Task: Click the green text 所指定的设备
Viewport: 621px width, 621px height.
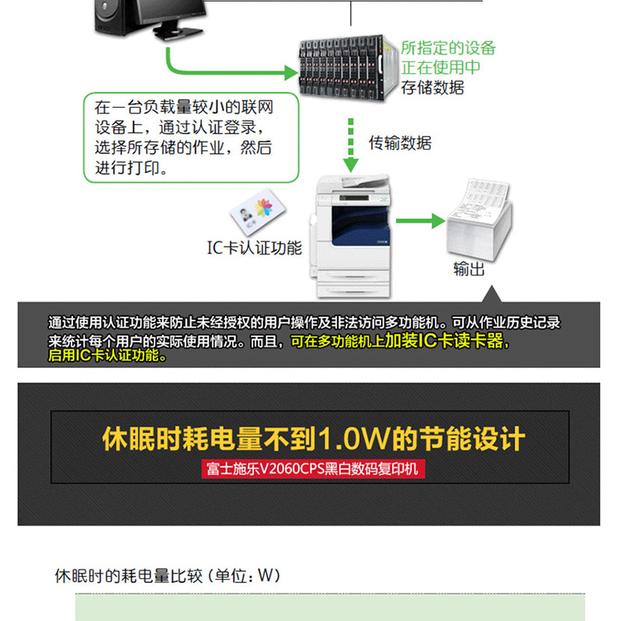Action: [x=448, y=48]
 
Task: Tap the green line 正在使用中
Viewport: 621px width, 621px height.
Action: [x=440, y=68]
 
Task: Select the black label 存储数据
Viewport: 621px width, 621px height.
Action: [x=432, y=88]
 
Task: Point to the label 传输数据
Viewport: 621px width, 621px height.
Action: [x=400, y=143]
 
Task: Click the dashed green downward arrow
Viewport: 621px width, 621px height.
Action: [x=351, y=144]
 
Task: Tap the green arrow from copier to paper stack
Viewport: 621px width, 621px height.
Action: [x=421, y=220]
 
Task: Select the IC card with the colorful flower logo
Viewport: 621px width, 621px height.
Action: [x=258, y=212]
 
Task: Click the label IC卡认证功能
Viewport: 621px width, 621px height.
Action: [x=255, y=248]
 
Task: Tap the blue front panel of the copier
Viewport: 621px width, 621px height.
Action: [x=359, y=226]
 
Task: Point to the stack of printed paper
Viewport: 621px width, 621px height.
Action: [x=479, y=220]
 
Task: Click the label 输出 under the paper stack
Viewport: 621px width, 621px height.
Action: [x=469, y=269]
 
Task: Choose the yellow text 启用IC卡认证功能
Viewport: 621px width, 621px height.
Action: [x=107, y=356]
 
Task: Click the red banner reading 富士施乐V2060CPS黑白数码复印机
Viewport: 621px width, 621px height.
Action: [x=313, y=469]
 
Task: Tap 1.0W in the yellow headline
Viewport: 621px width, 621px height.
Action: [x=355, y=439]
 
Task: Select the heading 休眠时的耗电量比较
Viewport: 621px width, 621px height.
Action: [x=128, y=576]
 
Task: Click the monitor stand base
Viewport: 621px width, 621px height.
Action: [x=179, y=33]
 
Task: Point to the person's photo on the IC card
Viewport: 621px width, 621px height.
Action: [x=246, y=215]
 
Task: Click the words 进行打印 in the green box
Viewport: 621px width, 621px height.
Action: [x=127, y=168]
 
